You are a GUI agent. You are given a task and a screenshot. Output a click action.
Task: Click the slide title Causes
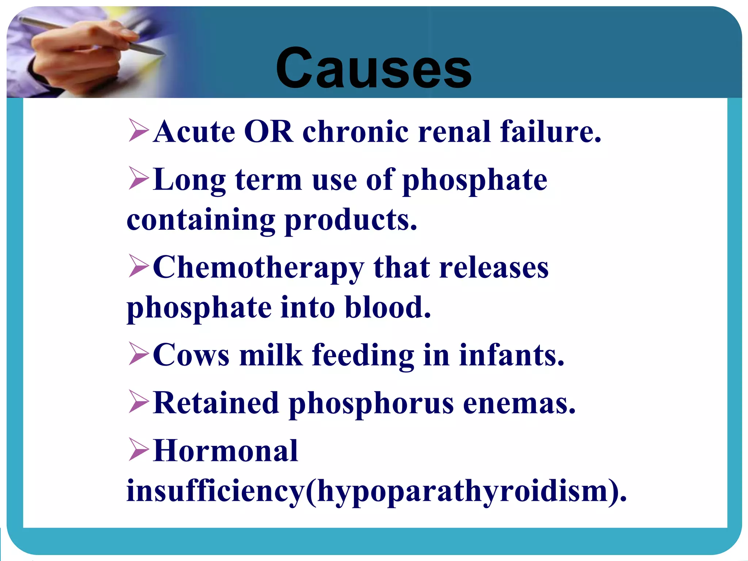pos(373,69)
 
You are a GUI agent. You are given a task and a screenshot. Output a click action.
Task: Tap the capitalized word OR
pos(268,131)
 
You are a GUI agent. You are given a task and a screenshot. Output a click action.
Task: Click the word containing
pos(201,221)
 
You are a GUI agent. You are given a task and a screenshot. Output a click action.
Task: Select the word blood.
pos(388,308)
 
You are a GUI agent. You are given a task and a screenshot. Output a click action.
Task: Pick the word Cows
pos(191,355)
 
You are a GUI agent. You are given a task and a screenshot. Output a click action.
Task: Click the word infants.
pos(511,355)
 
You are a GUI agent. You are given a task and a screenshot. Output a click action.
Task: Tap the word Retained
pos(216,403)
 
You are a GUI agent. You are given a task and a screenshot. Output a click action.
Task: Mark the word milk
pos(271,355)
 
